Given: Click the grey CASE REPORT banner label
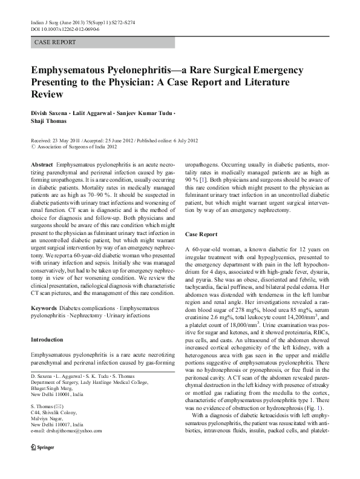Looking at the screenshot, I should (x=55, y=42).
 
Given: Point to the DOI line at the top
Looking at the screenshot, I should (x=59, y=28).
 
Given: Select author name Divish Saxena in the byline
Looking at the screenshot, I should (x=51, y=114).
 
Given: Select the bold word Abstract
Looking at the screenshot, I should (x=41, y=165).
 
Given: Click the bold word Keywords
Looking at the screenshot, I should (x=44, y=291).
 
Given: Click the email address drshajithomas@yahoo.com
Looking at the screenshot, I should (x=73, y=448).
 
